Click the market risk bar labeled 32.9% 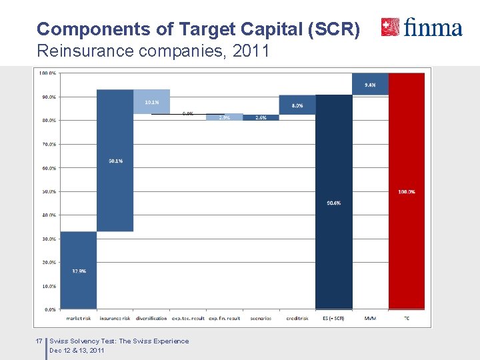(x=79, y=270)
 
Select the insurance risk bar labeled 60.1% (x=115, y=160)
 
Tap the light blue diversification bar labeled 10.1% (x=151, y=101)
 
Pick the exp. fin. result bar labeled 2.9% (x=225, y=117)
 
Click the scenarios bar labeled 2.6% (x=261, y=117)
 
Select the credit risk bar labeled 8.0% (x=297, y=105)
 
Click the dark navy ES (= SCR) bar (x=333, y=202)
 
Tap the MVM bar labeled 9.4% (x=370, y=84)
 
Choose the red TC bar (x=407, y=191)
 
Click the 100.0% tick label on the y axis (x=47, y=73)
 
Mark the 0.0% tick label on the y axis (x=49, y=309)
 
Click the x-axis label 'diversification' (x=151, y=319)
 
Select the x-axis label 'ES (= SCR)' (x=333, y=319)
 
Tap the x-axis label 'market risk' (x=79, y=319)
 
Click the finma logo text (x=433, y=27)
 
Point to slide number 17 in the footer (x=39, y=341)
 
